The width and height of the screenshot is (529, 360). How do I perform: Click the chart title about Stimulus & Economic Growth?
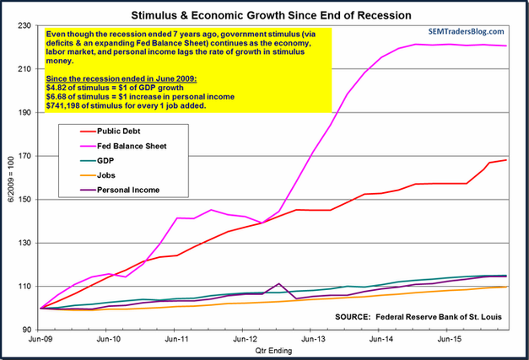[264, 14]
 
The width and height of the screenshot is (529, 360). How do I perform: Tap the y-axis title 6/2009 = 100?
[10, 177]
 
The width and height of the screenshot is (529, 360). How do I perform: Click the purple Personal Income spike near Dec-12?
[278, 284]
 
